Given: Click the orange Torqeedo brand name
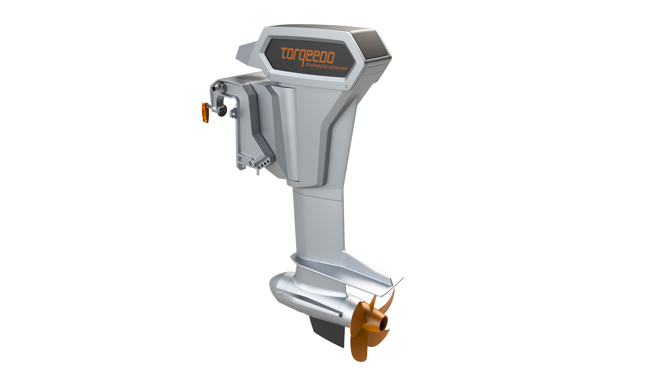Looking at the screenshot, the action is [308, 55].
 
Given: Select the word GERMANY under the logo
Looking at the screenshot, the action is [338, 67].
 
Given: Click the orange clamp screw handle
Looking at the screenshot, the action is [205, 113].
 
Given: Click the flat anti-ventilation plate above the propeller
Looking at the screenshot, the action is [347, 274].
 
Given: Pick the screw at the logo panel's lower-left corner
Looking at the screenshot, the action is [269, 77].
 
